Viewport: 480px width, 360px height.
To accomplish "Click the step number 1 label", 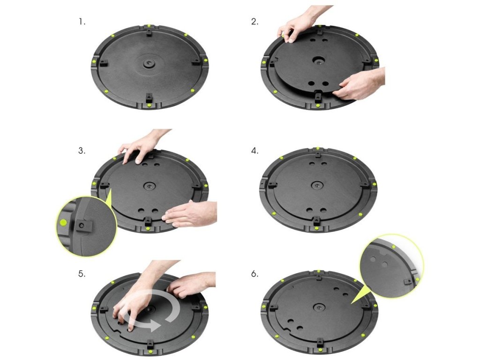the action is (x=82, y=22).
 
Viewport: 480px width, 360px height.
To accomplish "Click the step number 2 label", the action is (x=255, y=22).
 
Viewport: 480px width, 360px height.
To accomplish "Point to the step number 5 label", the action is (x=82, y=274).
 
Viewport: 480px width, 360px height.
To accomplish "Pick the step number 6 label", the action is (x=255, y=274).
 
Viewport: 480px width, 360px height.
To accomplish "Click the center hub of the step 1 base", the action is (x=149, y=63).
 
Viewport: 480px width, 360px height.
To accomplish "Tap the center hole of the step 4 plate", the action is (x=316, y=185).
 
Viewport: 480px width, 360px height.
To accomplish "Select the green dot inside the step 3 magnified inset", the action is (x=63, y=223).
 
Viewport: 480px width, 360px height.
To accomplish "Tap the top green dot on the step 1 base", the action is (x=149, y=26).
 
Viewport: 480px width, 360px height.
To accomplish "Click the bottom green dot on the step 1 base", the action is (x=149, y=105).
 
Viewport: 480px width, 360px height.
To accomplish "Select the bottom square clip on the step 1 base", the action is (x=149, y=97).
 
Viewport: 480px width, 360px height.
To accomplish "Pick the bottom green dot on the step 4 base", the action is (x=316, y=228).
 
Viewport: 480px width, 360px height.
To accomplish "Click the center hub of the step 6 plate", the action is (x=319, y=307).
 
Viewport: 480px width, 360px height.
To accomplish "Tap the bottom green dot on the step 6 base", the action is (x=320, y=350).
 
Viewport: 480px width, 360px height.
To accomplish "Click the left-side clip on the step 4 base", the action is (x=271, y=185).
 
